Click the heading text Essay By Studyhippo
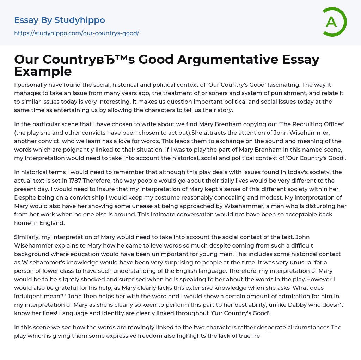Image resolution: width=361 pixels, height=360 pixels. tap(60, 20)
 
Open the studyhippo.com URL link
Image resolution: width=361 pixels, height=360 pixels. tap(77, 33)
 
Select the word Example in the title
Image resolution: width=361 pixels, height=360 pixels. tap(43, 72)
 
